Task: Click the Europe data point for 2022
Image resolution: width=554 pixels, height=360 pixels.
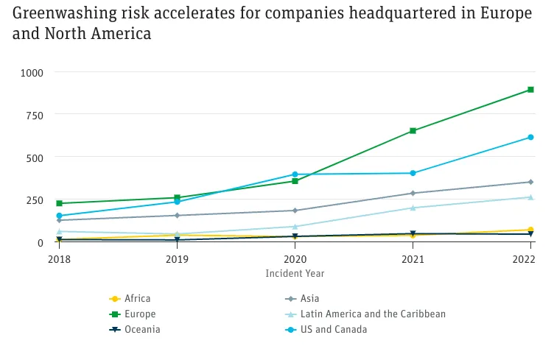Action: [x=530, y=90]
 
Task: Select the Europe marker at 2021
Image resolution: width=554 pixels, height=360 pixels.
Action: [x=413, y=131]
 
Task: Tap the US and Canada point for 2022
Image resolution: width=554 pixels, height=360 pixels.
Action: [x=530, y=138]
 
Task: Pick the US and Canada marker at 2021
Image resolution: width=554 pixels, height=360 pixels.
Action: [x=413, y=173]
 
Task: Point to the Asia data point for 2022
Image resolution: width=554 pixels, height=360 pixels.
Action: [x=530, y=182]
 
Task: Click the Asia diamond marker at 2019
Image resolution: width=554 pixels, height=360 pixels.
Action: [x=177, y=216]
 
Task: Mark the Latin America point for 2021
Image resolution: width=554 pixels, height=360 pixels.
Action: [x=413, y=208]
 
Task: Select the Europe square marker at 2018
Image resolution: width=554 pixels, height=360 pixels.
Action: [x=59, y=203]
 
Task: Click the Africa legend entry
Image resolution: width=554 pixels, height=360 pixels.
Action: [x=137, y=299]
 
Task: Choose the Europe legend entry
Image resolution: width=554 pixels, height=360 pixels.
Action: [x=139, y=314]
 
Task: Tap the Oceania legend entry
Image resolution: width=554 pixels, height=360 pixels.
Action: [x=141, y=330]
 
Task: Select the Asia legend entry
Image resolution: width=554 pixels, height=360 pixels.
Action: [x=312, y=299]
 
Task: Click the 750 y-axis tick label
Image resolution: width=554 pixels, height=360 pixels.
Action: [x=35, y=115]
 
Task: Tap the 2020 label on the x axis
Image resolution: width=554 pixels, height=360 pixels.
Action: [x=295, y=260]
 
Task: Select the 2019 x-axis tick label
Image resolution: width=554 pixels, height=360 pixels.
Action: [x=177, y=260]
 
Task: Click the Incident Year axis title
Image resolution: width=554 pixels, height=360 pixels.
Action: [x=295, y=273]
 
